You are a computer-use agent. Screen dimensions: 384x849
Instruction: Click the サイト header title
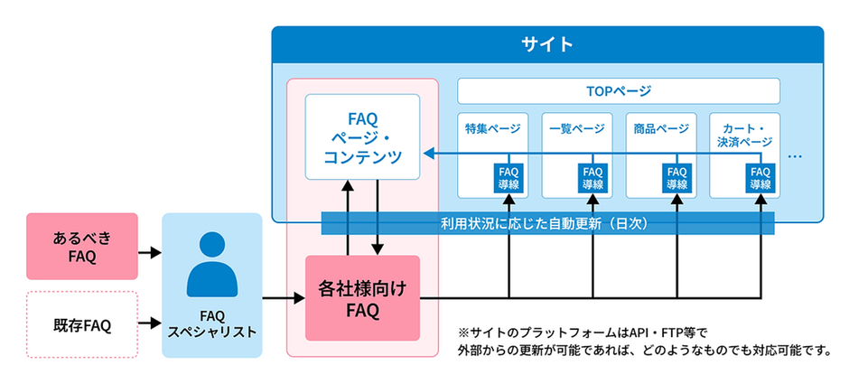[547, 43]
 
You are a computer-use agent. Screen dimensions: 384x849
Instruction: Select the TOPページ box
[619, 91]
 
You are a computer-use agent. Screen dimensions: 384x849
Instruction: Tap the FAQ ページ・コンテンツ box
[362, 136]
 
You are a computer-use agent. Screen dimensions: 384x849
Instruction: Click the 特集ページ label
[492, 128]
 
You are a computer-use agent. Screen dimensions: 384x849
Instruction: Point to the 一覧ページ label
[576, 128]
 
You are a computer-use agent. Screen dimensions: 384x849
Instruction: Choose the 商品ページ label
[660, 128]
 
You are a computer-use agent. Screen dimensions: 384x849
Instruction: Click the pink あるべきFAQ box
[82, 247]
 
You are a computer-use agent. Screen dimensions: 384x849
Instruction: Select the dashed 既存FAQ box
[82, 323]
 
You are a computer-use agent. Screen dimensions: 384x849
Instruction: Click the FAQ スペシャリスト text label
[211, 323]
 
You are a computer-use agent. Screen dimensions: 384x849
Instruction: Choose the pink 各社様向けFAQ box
[362, 297]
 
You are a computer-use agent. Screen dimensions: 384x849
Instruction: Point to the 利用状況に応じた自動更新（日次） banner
[548, 222]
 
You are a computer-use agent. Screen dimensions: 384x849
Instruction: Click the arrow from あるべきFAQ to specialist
[149, 252]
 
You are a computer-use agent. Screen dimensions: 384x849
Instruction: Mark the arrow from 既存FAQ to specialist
[149, 321]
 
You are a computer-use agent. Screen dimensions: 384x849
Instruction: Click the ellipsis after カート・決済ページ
[795, 155]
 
